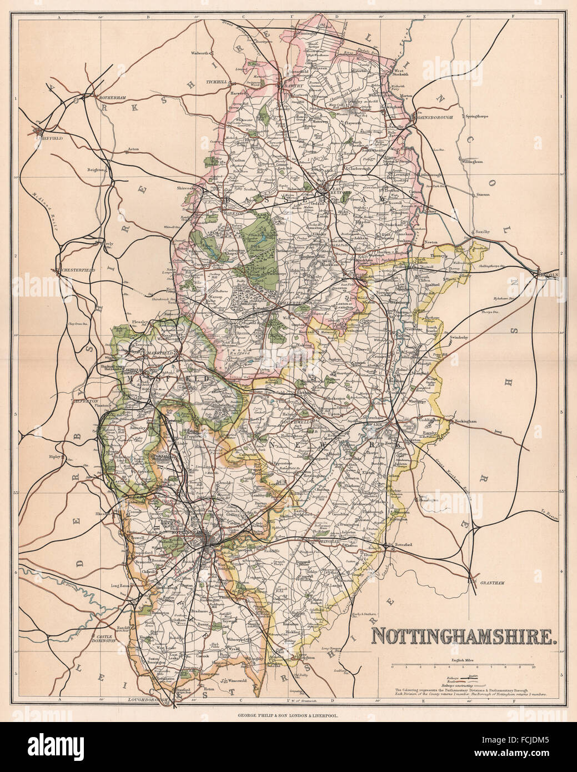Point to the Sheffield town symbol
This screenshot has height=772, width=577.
(39, 132)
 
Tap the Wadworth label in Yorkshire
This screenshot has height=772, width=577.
(199, 53)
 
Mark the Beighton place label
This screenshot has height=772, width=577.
(96, 170)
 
